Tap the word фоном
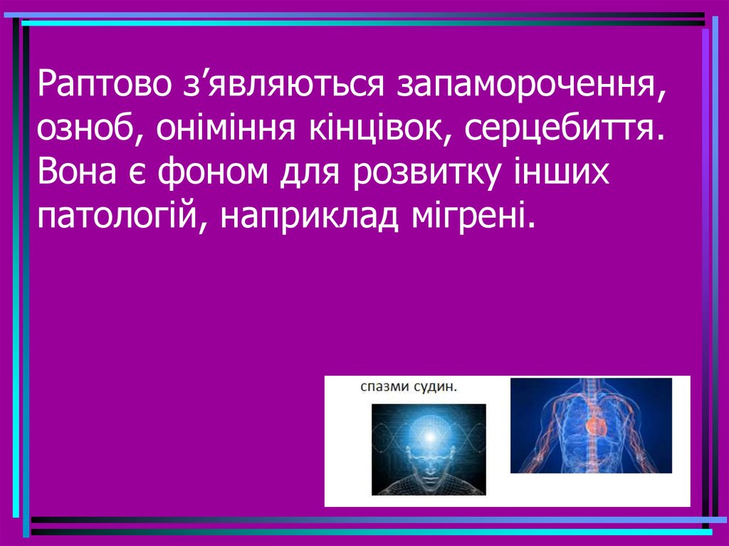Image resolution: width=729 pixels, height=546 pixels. point(212,173)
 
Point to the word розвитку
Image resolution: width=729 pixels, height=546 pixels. point(426,173)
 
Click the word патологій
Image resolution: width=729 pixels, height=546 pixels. point(122,215)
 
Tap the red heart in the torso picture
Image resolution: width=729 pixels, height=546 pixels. point(594,424)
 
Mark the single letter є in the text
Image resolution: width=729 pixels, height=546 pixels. point(136,174)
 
